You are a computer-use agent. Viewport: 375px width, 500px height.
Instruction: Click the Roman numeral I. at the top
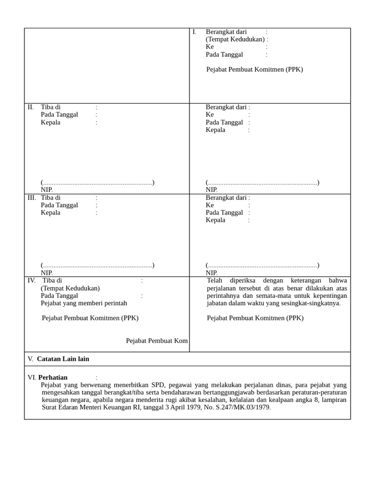[x=194, y=32]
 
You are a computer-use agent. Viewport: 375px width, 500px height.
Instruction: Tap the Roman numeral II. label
[x=31, y=107]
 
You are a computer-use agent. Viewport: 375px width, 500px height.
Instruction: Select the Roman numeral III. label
[x=32, y=198]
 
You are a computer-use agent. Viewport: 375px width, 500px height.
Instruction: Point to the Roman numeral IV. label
[x=32, y=281]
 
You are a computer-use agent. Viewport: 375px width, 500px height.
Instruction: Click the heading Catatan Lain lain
[x=63, y=359]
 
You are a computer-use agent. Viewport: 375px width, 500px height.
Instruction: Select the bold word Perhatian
[x=53, y=377]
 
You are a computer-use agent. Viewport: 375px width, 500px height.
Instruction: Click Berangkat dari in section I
[x=226, y=32]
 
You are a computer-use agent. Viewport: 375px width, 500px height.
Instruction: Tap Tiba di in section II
[x=51, y=107]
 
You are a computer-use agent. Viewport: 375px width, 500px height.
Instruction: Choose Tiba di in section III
[x=51, y=198]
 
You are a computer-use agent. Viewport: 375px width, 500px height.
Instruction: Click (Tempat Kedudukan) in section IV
[x=70, y=289]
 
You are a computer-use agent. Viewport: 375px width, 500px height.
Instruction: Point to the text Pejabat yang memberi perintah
[x=84, y=303]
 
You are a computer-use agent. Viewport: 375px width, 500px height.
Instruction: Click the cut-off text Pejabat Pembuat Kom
[x=157, y=341]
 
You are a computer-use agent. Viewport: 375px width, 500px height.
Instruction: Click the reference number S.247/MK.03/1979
[x=242, y=407]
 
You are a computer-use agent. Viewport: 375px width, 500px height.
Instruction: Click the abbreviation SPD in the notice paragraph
[x=158, y=385]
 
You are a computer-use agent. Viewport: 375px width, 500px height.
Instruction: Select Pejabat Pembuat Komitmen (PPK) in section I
[x=254, y=69]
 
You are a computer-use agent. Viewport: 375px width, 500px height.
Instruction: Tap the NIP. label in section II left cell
[x=47, y=190]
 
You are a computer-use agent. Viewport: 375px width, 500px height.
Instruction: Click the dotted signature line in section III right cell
[x=263, y=266]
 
